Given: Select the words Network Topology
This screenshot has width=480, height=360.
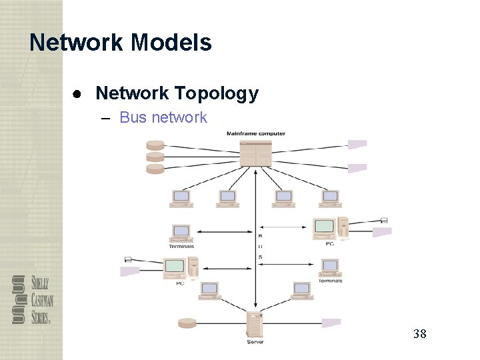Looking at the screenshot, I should click(177, 93).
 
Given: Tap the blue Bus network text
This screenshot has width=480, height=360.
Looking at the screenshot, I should click(163, 118).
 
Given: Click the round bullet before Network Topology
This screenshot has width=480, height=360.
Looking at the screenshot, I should click(78, 94).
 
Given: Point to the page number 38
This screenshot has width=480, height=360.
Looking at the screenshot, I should click(419, 333).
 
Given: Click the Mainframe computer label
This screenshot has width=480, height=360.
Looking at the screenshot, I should click(256, 133).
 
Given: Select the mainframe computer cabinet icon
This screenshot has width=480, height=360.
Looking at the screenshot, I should click(255, 153).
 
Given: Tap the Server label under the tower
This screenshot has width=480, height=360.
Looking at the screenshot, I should click(255, 342).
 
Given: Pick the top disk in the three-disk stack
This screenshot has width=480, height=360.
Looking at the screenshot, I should click(155, 145).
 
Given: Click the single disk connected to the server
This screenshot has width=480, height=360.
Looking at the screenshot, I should click(187, 323).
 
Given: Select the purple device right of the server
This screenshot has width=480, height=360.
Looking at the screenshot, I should click(331, 323).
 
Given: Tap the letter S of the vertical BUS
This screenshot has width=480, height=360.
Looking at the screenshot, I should click(260, 257).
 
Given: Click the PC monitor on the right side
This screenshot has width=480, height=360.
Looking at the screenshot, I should click(325, 227).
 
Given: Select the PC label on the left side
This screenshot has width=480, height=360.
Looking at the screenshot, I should click(180, 283).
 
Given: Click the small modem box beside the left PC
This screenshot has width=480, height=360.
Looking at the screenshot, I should click(128, 259).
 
